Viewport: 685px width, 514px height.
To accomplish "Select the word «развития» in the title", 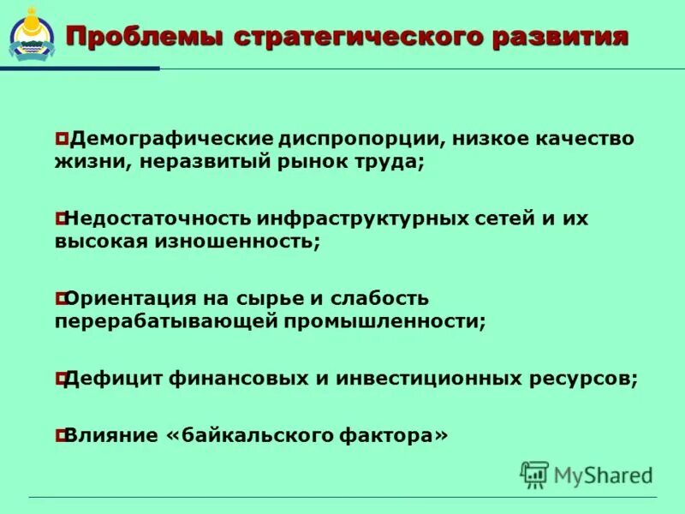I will point(560,39).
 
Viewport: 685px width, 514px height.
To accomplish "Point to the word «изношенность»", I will point(235,242).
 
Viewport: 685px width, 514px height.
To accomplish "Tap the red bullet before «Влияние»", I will point(60,435).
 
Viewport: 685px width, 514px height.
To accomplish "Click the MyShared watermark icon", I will point(534,474).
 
